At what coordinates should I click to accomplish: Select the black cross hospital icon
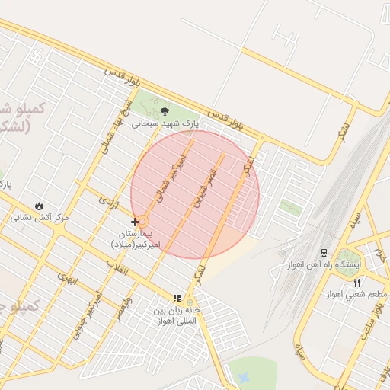135,222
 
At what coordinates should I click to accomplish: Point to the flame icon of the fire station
39,206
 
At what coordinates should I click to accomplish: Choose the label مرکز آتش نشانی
39,217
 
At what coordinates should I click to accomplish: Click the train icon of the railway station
324,252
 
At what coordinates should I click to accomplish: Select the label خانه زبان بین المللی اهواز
176,315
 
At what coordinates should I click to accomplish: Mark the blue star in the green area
243,377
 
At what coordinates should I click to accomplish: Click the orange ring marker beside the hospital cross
142,222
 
